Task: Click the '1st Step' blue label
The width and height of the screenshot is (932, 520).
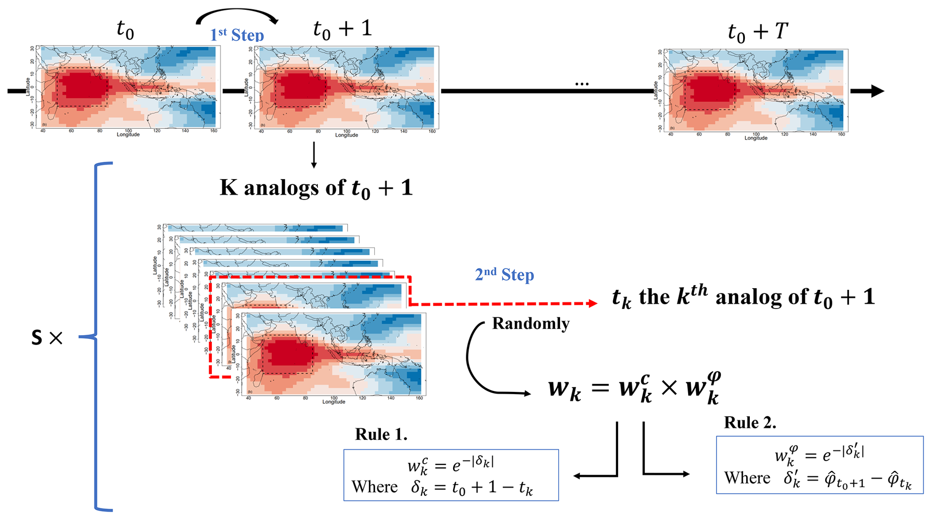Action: click(x=237, y=35)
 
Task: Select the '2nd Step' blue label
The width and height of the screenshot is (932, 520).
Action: click(x=504, y=274)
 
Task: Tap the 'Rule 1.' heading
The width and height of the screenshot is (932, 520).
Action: click(x=381, y=434)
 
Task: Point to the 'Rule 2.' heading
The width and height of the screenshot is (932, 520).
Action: click(x=750, y=423)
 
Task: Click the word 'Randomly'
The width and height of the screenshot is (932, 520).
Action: click(x=530, y=323)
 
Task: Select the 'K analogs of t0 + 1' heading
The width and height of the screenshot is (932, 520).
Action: click(x=316, y=188)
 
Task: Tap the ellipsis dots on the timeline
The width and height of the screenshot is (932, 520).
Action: click(x=582, y=84)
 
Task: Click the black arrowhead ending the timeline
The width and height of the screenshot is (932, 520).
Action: click(x=877, y=91)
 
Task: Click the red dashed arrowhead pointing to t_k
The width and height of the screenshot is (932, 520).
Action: click(x=593, y=304)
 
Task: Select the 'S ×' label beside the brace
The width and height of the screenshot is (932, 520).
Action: click(x=47, y=338)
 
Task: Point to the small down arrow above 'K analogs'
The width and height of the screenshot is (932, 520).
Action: click(x=314, y=156)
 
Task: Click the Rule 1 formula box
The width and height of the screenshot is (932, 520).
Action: click(x=451, y=475)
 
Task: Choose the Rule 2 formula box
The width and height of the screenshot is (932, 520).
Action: click(x=819, y=465)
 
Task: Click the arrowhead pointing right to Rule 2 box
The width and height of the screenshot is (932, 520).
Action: click(x=686, y=474)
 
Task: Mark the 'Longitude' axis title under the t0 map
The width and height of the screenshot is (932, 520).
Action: click(x=128, y=134)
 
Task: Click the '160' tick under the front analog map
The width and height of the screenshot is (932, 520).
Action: click(x=419, y=398)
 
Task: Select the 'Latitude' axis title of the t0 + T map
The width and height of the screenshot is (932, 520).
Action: click(x=655, y=90)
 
